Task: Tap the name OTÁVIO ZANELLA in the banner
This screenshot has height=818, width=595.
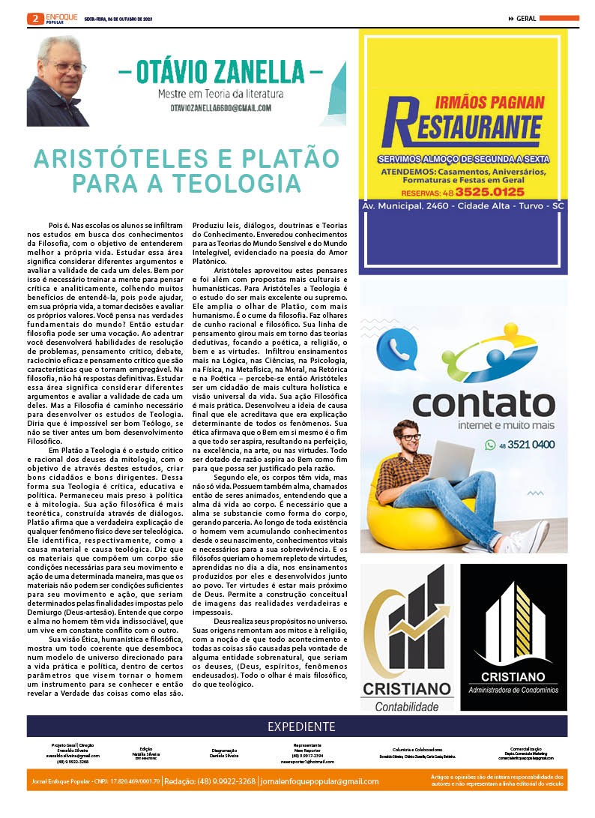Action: [x=220, y=75]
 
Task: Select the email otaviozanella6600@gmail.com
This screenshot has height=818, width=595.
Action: [x=220, y=108]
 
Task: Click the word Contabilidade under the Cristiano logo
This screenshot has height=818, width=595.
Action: [x=406, y=706]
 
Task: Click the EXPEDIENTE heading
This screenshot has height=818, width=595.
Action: [x=300, y=727]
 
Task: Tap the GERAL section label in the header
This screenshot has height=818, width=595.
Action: [x=526, y=19]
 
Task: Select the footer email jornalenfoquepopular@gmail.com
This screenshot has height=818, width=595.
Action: [x=320, y=781]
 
